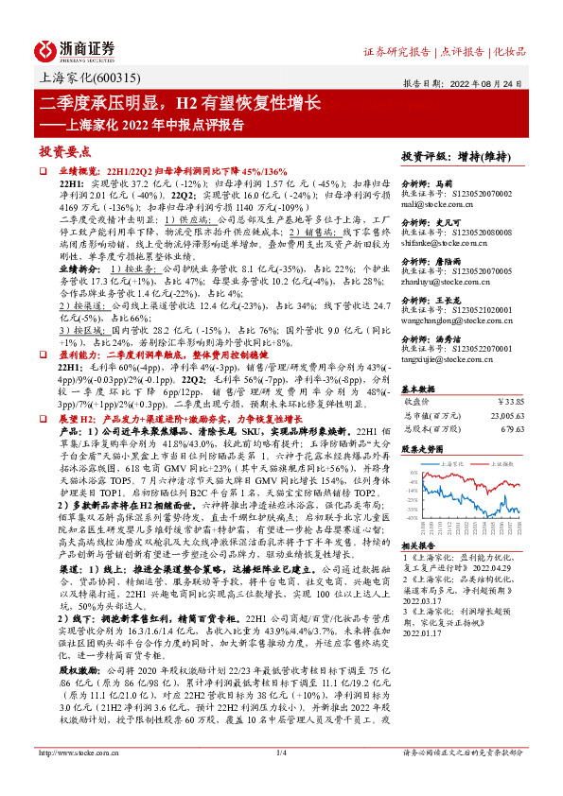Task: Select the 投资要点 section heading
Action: pos(64,151)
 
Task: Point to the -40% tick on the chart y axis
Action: pos(408,518)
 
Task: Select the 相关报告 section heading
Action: pos(418,547)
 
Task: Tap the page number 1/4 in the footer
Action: pos(281,778)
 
